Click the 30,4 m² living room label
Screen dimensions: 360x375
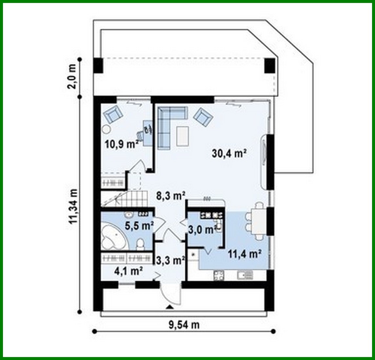point(229,154)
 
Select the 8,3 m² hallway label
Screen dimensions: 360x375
point(170,196)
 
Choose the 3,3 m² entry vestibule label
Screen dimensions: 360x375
point(170,261)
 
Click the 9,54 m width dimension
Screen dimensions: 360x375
point(184,325)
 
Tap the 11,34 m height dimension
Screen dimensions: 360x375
point(73,206)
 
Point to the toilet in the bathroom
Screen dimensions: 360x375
point(140,244)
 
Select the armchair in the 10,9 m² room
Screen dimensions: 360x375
point(113,114)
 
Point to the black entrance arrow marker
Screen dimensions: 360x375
point(170,307)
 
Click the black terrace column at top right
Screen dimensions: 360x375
point(270,66)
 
